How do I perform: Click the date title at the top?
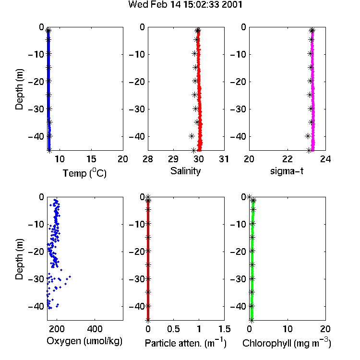(x=185, y=4)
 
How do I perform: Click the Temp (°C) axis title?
(x=84, y=173)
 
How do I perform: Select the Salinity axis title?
(x=185, y=171)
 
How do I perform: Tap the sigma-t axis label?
(x=287, y=171)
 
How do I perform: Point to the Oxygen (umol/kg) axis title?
(x=84, y=341)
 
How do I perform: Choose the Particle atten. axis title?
(x=185, y=343)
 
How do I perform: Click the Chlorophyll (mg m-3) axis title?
(x=287, y=343)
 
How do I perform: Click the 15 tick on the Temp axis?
(x=91, y=159)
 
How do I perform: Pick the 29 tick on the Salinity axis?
(x=173, y=159)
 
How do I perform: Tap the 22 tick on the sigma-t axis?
(x=288, y=159)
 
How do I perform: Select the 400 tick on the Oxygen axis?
(x=95, y=329)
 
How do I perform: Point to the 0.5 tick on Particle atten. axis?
(x=173, y=329)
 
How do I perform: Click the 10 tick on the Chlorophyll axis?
(x=288, y=329)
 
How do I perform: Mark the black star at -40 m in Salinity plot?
(x=192, y=136)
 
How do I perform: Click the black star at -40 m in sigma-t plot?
(x=308, y=136)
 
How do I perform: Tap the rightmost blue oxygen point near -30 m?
(x=70, y=276)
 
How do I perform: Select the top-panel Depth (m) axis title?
(x=19, y=89)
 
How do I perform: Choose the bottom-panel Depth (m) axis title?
(x=19, y=259)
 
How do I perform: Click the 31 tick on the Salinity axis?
(x=224, y=159)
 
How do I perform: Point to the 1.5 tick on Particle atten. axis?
(x=225, y=329)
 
